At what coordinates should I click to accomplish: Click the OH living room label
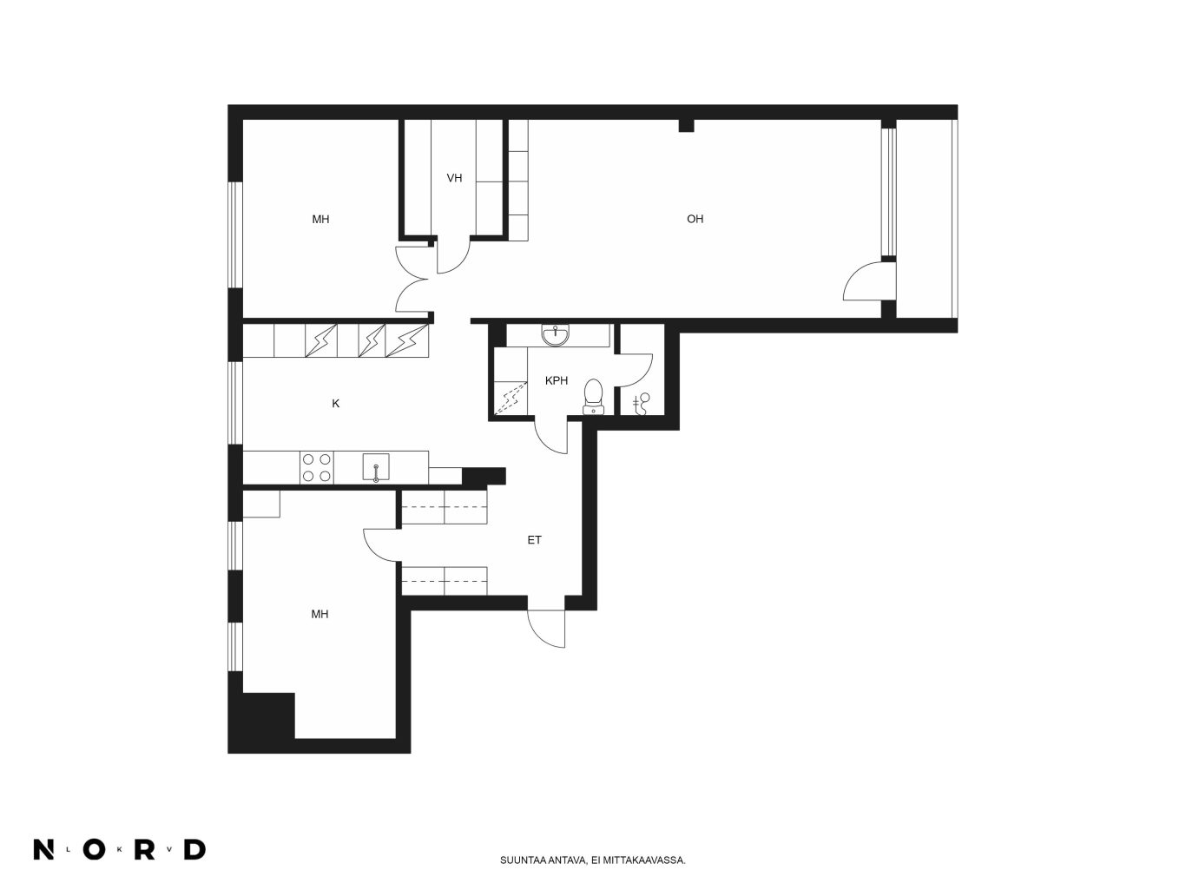pyautogui.click(x=695, y=219)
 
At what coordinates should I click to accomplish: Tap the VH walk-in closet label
pyautogui.click(x=454, y=178)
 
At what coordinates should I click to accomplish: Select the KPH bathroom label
pyautogui.click(x=557, y=380)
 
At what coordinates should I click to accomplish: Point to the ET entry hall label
pyautogui.click(x=534, y=540)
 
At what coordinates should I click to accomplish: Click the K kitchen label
pyautogui.click(x=335, y=403)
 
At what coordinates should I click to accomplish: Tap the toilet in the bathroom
pyautogui.click(x=593, y=396)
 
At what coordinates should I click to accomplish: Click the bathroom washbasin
pyautogui.click(x=556, y=335)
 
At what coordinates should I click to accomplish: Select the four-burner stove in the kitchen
pyautogui.click(x=317, y=467)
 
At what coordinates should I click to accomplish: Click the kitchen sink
pyautogui.click(x=376, y=467)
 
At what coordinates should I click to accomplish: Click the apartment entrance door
pyautogui.click(x=546, y=629)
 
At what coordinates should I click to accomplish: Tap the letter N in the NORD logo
pyautogui.click(x=43, y=849)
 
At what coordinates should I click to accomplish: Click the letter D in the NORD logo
pyautogui.click(x=195, y=849)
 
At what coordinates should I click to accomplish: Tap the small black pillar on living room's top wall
pyautogui.click(x=686, y=125)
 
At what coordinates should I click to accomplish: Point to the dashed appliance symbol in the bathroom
pyautogui.click(x=511, y=399)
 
